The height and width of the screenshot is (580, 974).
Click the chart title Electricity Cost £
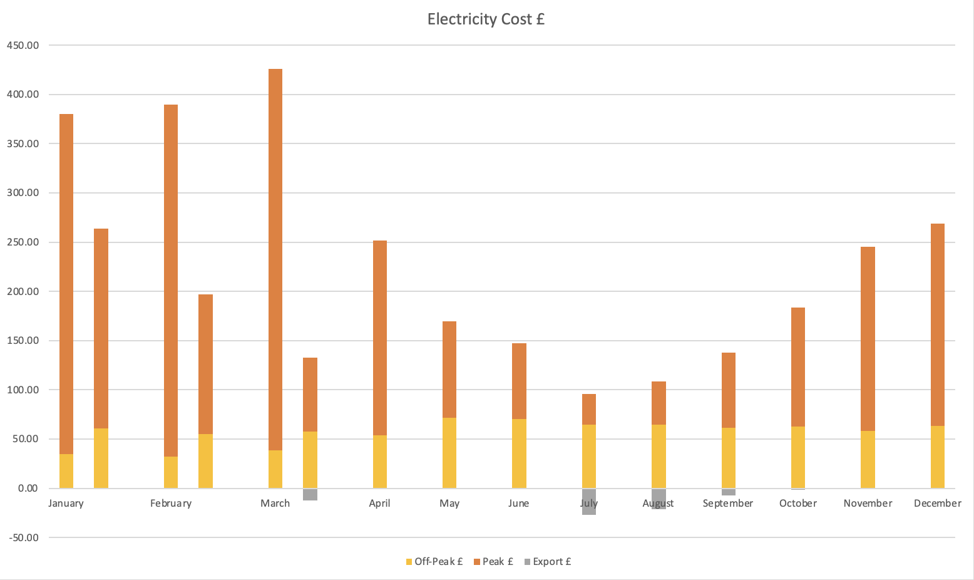click(x=486, y=19)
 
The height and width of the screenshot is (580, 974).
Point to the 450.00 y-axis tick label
click(x=23, y=45)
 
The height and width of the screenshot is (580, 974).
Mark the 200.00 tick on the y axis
click(x=23, y=291)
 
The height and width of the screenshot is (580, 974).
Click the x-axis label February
click(x=171, y=504)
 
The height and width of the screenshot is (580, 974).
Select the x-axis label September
click(x=728, y=504)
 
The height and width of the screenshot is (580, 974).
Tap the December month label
click(x=937, y=504)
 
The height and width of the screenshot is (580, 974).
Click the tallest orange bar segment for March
click(x=275, y=259)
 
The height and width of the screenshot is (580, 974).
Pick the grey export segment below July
click(x=589, y=502)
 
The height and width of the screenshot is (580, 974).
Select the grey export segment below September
click(x=729, y=492)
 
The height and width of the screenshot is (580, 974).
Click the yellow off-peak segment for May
click(x=449, y=453)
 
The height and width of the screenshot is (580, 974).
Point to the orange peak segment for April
click(x=380, y=338)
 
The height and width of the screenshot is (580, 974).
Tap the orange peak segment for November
click(x=868, y=339)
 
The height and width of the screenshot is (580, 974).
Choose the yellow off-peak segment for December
click(x=937, y=457)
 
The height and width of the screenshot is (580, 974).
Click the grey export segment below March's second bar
click(x=310, y=494)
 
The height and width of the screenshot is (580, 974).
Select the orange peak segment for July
click(x=589, y=409)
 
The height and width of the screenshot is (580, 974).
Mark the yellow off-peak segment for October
click(x=798, y=457)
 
